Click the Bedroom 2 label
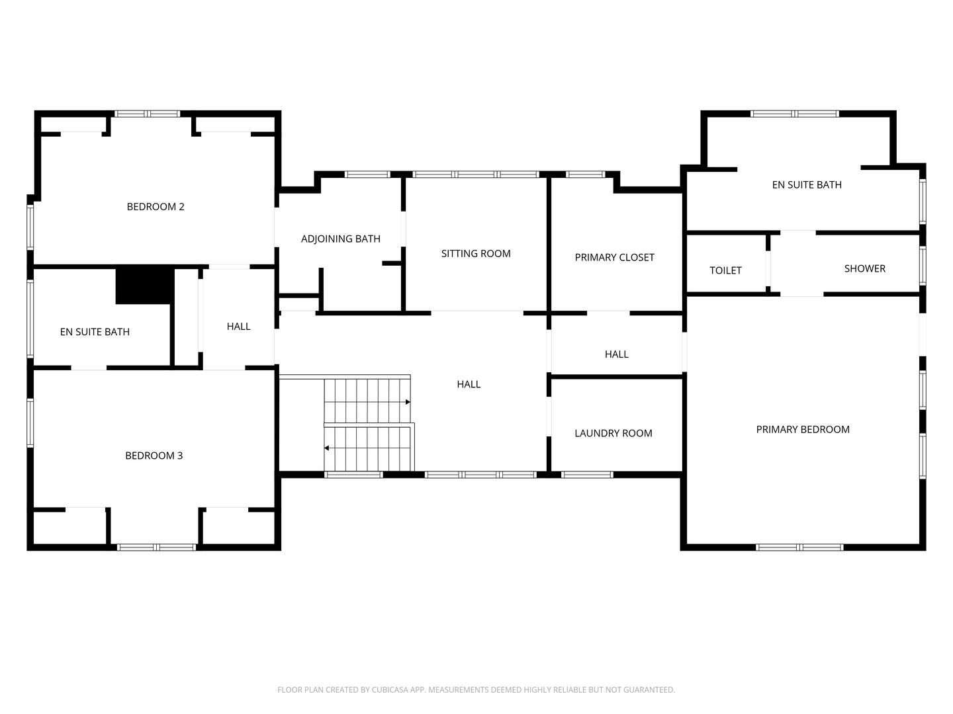point(156,207)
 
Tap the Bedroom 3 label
point(154,456)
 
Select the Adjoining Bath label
point(340,239)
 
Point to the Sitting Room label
point(476,254)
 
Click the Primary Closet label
point(614,258)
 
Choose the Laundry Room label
point(613,434)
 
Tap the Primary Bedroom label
point(802,430)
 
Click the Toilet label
point(725,270)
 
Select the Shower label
point(864,268)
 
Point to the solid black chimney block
point(145,285)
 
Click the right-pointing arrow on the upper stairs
point(408,402)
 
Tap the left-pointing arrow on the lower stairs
point(326,448)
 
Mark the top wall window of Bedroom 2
point(147,114)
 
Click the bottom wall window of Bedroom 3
point(156,547)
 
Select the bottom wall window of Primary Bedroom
point(799,547)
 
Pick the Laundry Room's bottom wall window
point(587,475)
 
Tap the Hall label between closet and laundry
point(616,355)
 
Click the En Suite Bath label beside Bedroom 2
point(95,333)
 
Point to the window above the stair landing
point(353,475)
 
